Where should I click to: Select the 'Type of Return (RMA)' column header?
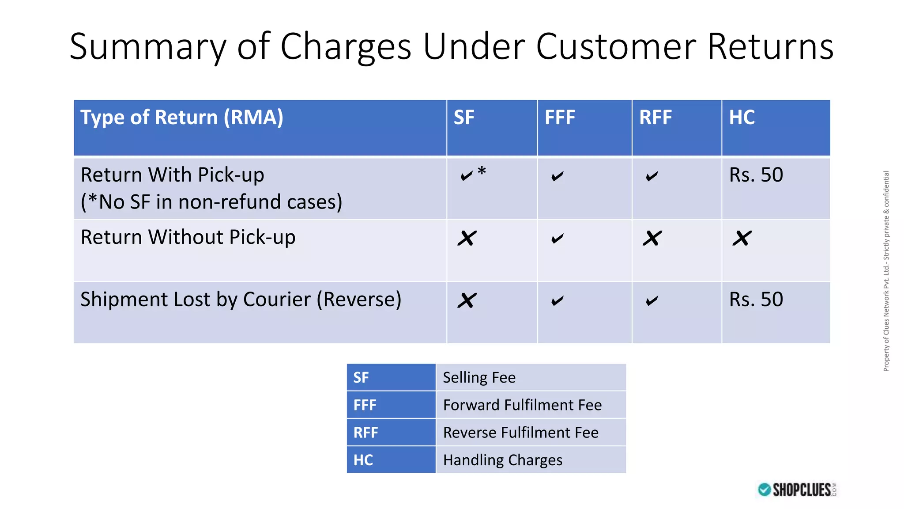181,118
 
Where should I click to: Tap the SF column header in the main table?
463,118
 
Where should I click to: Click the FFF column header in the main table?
559,118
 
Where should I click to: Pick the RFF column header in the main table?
655,118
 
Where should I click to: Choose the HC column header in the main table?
742,118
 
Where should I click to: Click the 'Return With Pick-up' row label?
172,175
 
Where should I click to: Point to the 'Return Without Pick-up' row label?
188,237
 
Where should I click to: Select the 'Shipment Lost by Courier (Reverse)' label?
241,300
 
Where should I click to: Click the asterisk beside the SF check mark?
482,171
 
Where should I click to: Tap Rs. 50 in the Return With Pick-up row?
756,175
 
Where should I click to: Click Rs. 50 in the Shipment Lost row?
756,300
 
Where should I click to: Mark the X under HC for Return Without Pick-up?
742,238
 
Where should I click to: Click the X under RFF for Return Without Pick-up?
652,238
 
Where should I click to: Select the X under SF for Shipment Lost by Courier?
467,300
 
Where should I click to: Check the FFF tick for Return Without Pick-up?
557,239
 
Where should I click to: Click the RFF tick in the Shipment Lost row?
652,301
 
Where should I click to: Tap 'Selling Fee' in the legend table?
479,378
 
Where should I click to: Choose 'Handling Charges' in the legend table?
502,460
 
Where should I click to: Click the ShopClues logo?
797,490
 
